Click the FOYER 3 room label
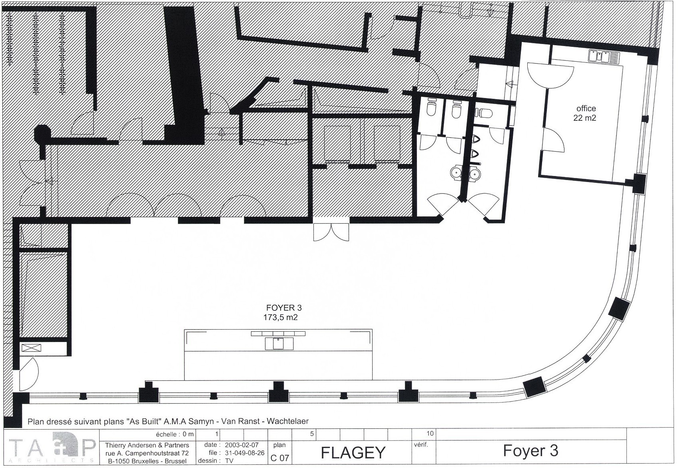pyautogui.click(x=283, y=308)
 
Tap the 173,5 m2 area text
pyautogui.click(x=280, y=318)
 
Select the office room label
pyautogui.click(x=586, y=108)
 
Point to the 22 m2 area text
pyautogui.click(x=584, y=118)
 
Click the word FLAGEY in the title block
pyautogui.click(x=353, y=453)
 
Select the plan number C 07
pyautogui.click(x=280, y=458)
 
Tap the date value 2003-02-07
pyautogui.click(x=241, y=445)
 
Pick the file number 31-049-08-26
pyautogui.click(x=245, y=453)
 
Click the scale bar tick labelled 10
pyautogui.click(x=430, y=434)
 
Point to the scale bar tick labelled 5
pyautogui.click(x=312, y=434)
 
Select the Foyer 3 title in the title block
pyautogui.click(x=530, y=451)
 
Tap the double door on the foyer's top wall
pyautogui.click(x=331, y=232)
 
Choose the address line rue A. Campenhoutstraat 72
pyautogui.click(x=147, y=453)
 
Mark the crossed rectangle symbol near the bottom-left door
pyautogui.click(x=31, y=348)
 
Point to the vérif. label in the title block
pyautogui.click(x=421, y=445)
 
